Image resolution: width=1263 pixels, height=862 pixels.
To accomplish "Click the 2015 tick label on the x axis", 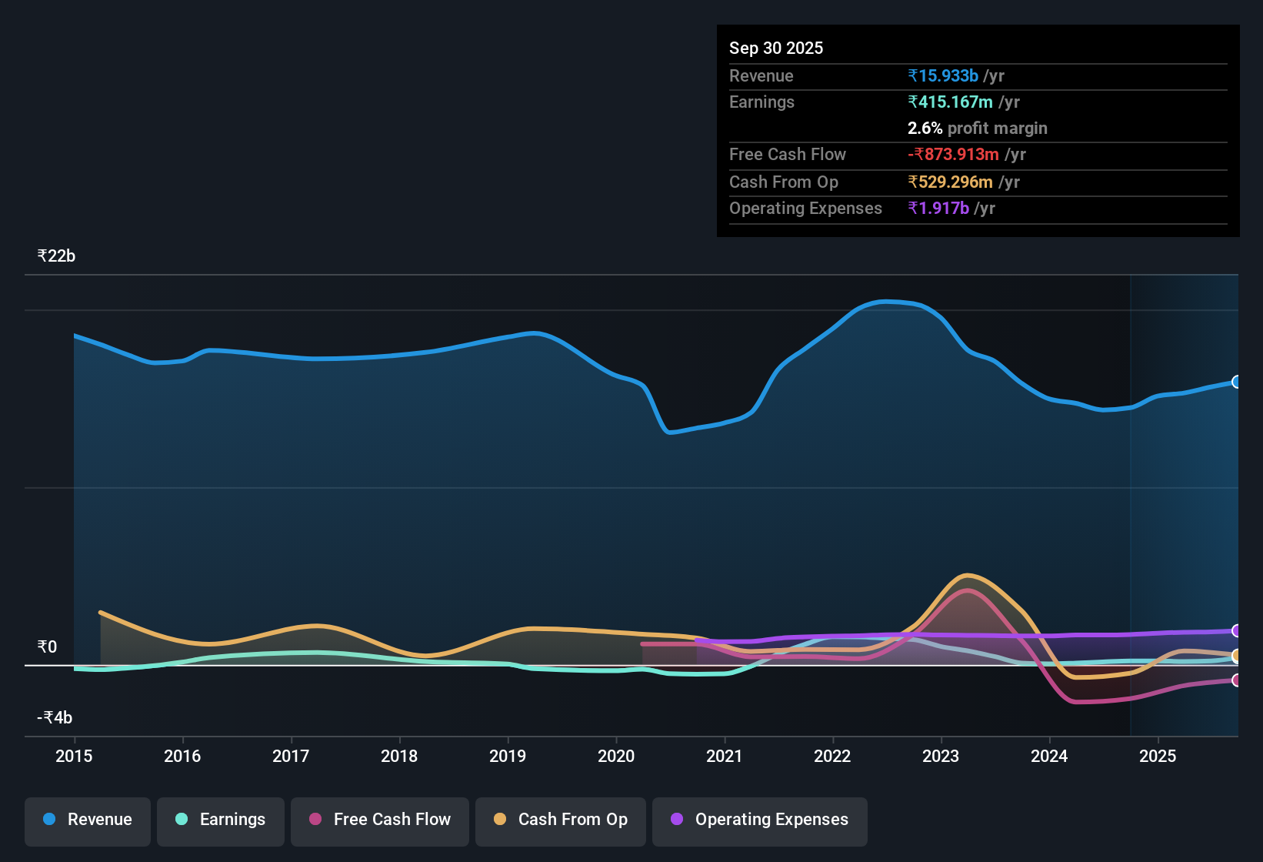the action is (x=74, y=756).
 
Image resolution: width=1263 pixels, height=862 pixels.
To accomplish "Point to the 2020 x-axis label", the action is (x=616, y=756).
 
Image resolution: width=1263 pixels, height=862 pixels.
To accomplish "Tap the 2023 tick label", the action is (x=941, y=756).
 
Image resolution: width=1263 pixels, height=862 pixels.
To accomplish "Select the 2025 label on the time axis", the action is (x=1158, y=756).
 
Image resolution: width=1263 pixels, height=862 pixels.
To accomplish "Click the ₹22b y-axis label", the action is (x=56, y=256).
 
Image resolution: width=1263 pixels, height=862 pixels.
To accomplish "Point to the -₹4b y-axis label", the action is (x=55, y=717).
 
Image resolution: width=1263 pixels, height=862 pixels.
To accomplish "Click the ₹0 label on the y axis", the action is (x=48, y=646).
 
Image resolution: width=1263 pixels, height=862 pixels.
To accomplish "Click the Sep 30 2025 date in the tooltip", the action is (x=776, y=48).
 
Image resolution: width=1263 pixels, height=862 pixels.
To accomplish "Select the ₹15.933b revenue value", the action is (x=943, y=75).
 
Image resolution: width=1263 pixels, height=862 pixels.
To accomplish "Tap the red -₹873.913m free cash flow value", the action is (x=953, y=154).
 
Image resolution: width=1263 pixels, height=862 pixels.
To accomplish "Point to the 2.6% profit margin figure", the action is (x=925, y=128).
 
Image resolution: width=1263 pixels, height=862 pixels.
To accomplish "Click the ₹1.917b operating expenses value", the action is (x=938, y=208).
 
